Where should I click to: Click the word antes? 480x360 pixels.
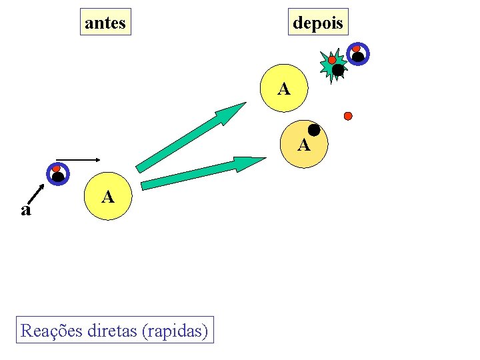[x=105, y=23]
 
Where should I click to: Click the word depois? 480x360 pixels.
[x=318, y=23]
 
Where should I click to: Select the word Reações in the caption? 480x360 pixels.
[x=51, y=330]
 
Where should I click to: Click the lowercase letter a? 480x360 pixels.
[x=25, y=211]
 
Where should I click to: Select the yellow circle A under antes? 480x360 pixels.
[x=108, y=197]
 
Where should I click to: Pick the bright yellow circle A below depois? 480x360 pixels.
[x=285, y=89]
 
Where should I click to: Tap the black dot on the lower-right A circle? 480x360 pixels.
[x=313, y=131]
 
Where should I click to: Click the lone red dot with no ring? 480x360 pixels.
[x=347, y=116]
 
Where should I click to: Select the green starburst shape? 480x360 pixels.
[x=333, y=66]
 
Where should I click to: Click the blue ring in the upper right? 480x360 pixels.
[x=358, y=55]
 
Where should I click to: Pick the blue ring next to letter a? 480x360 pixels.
[x=57, y=174]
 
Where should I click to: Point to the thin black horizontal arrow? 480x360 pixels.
[x=83, y=160]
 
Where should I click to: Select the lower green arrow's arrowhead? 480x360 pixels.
[x=249, y=163]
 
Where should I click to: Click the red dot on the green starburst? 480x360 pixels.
[x=332, y=60]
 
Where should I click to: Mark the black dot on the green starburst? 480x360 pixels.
[x=338, y=70]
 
